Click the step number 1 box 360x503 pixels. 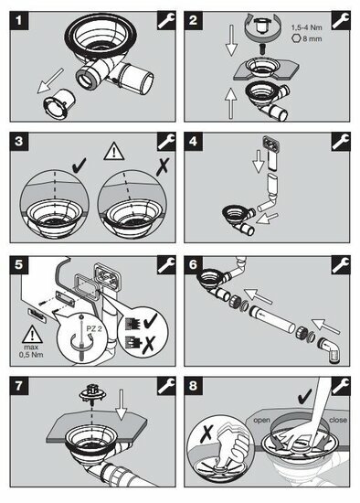(19, 20)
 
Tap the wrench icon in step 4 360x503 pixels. (341, 142)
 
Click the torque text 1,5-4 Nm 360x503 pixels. (306, 28)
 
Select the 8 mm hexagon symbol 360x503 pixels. (295, 38)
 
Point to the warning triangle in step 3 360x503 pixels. (114, 152)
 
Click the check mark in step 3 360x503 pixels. (79, 166)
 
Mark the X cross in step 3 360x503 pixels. (163, 166)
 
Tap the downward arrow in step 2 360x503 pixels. (231, 41)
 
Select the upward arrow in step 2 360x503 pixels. (231, 103)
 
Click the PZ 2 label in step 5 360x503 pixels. (93, 329)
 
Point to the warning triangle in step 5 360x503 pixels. (32, 335)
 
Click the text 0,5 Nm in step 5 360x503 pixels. (31, 355)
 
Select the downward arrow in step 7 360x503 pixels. (122, 404)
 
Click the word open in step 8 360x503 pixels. (261, 420)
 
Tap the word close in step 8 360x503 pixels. (337, 420)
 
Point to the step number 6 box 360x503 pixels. (193, 264)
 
